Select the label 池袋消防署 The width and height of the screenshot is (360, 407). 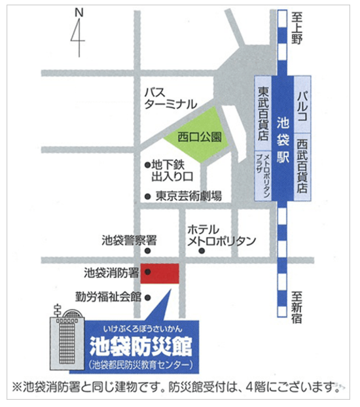[111, 271]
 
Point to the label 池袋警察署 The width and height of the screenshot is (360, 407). [129, 240]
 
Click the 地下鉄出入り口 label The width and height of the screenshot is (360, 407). [171, 171]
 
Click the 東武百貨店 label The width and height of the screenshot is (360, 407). [263, 114]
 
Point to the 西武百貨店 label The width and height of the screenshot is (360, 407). [302, 164]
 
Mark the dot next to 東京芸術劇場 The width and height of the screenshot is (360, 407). [148, 196]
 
